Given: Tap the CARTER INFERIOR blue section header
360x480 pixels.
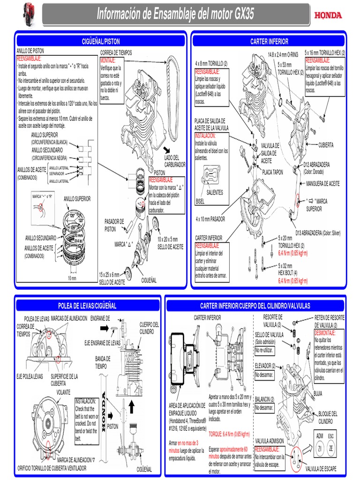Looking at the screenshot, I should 269,41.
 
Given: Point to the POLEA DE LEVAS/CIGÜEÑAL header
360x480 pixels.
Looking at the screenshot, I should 87,306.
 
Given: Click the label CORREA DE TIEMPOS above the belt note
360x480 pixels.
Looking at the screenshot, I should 116,53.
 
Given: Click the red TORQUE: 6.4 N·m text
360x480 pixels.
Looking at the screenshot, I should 229,434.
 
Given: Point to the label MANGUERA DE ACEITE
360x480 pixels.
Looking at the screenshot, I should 323,183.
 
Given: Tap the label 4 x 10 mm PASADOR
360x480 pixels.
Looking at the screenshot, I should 210,219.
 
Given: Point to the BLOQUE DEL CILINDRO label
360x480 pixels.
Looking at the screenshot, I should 328,417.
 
